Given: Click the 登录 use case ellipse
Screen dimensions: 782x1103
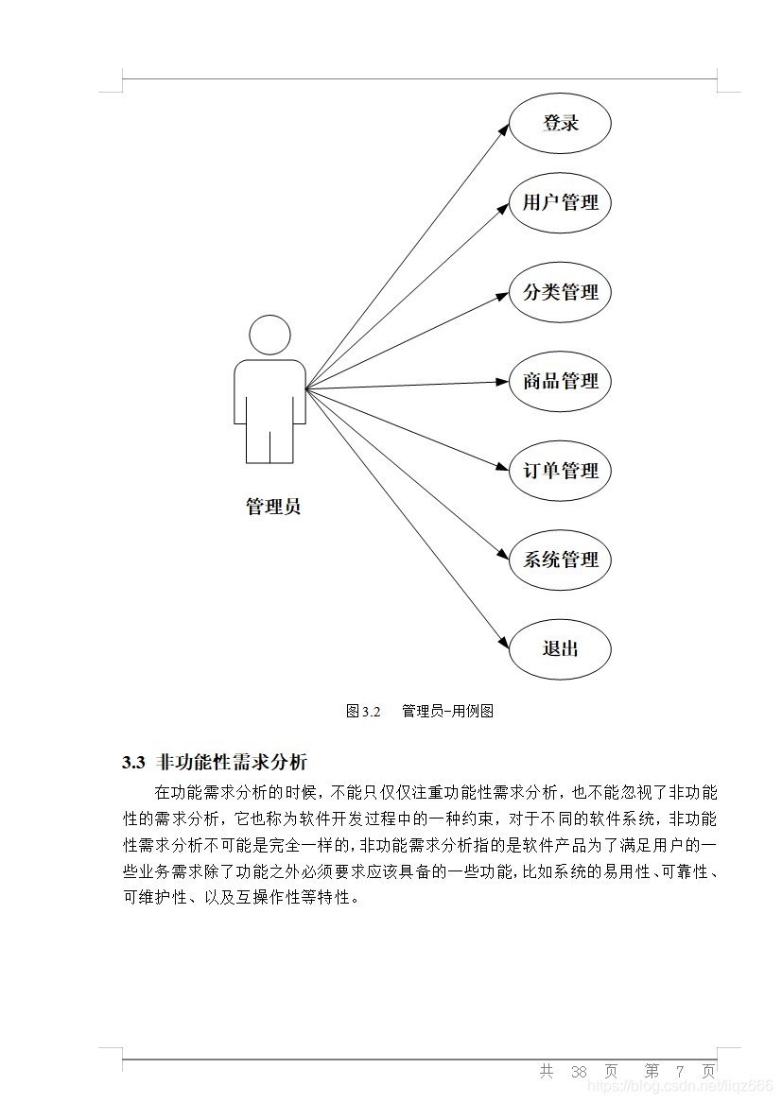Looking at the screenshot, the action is click(561, 123).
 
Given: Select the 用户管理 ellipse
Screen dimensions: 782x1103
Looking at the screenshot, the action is click(561, 202).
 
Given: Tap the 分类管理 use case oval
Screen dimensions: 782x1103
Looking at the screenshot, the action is click(561, 292).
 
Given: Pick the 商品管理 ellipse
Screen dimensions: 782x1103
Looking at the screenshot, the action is click(561, 381).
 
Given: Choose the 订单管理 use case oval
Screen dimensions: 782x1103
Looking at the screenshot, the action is click(561, 470).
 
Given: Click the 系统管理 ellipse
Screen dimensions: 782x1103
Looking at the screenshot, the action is click(561, 560).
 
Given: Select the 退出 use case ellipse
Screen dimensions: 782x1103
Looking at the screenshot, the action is click(561, 648).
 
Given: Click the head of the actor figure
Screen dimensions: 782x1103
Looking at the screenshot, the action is click(269, 336).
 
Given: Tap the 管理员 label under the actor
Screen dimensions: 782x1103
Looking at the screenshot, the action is click(273, 507).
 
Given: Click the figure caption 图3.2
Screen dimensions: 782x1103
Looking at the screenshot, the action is click(362, 711).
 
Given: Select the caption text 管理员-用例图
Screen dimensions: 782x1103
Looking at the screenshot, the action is click(447, 711).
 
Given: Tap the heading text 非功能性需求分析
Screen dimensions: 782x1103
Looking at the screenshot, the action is click(232, 762).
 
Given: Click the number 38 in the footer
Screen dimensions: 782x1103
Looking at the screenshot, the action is click(580, 1072).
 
